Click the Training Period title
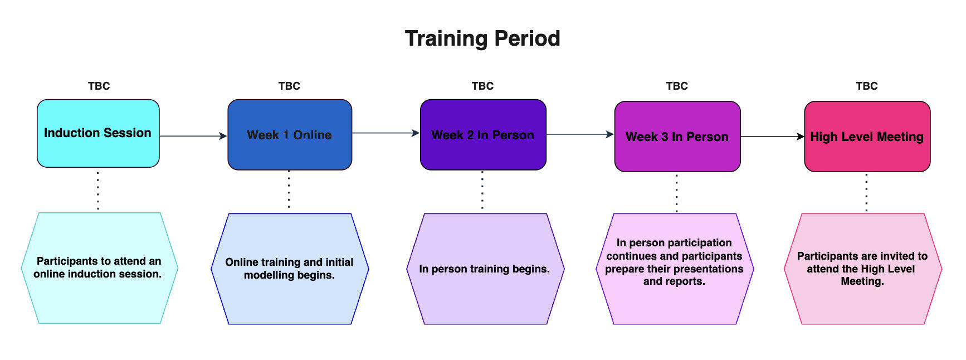482,38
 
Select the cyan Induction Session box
98,133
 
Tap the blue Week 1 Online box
290,135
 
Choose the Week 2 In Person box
482,135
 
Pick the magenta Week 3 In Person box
677,137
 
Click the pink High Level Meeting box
867,137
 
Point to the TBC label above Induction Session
99,86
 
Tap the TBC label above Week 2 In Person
482,86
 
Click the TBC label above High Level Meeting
866,86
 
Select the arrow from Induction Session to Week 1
193,136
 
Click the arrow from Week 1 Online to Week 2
386,133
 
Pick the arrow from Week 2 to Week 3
579,134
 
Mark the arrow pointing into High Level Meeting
772,137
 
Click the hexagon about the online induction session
99,268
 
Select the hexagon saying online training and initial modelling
290,269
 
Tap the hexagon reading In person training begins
485,269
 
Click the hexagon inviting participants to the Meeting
862,269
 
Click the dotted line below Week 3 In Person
677,193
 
